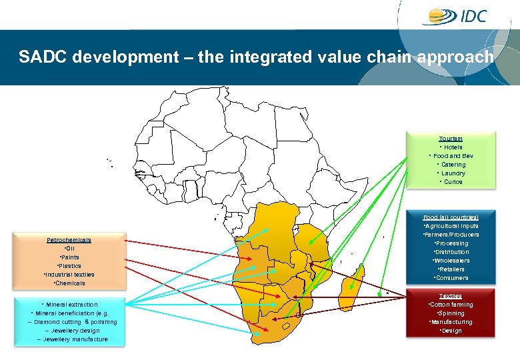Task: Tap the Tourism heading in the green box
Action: tap(451, 139)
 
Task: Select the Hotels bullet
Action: tap(451, 147)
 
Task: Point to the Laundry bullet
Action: tap(451, 173)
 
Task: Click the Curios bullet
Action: tap(451, 182)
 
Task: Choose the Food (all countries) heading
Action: tap(451, 217)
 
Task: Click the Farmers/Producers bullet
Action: tap(451, 235)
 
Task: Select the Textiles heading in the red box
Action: tap(451, 296)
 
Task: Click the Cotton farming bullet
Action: tap(451, 305)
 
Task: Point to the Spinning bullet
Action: tap(451, 313)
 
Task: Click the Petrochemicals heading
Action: tap(69, 240)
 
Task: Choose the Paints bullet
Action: tap(69, 257)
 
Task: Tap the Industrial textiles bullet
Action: tap(69, 275)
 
